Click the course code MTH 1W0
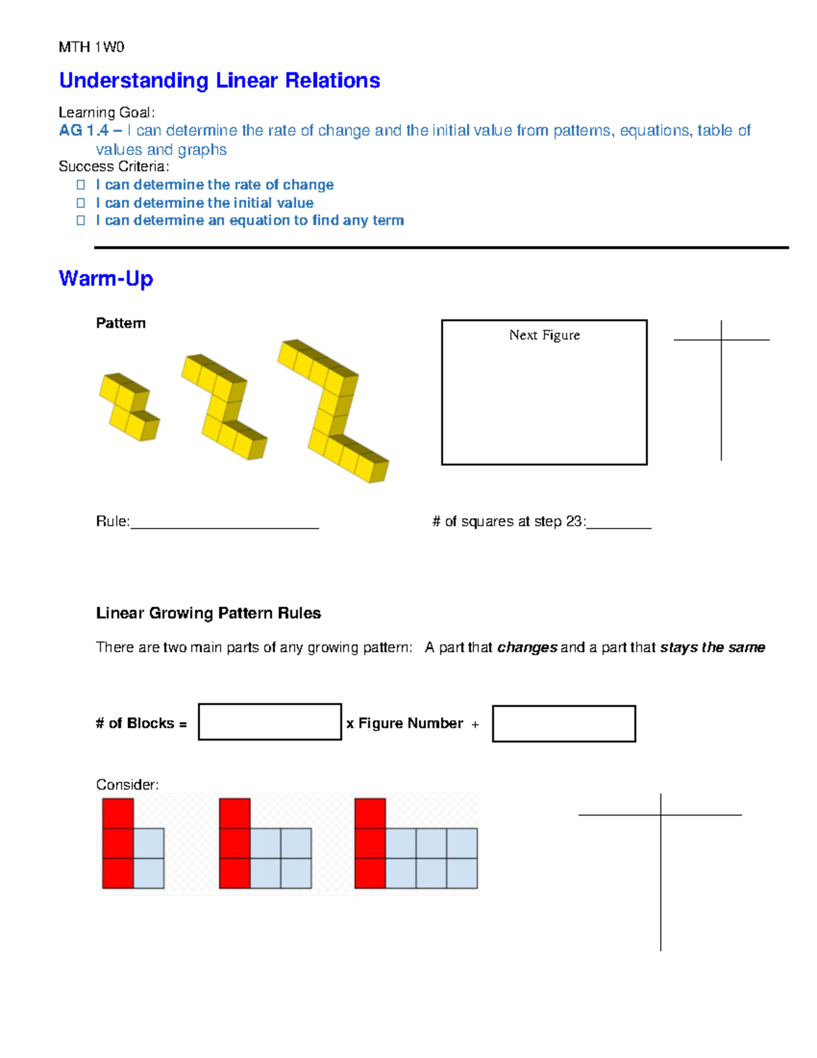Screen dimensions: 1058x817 click(91, 47)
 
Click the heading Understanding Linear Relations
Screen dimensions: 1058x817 click(219, 80)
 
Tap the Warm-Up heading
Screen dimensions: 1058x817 click(106, 278)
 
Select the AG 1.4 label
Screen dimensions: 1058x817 click(84, 130)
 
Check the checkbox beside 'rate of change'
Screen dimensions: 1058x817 click(80, 185)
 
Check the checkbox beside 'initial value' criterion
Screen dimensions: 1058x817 click(80, 203)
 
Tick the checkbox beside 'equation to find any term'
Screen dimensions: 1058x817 click(80, 221)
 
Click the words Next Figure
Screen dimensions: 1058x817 click(545, 335)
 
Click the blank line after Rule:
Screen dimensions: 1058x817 click(224, 523)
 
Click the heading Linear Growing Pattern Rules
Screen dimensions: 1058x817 click(208, 613)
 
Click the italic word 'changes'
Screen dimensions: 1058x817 click(527, 647)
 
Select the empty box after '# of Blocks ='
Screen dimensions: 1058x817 click(270, 722)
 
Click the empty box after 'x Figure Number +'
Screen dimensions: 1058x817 click(564, 724)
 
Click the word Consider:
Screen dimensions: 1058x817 click(127, 785)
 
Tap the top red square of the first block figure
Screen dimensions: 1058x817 click(118, 813)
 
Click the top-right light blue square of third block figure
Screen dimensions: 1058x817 click(462, 843)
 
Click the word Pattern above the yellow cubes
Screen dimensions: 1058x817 click(121, 324)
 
